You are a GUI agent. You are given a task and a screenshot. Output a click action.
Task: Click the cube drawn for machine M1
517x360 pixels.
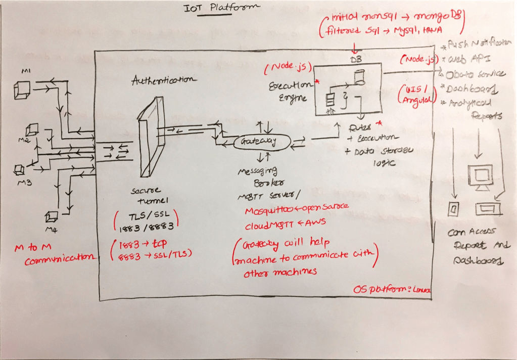coord(21,89)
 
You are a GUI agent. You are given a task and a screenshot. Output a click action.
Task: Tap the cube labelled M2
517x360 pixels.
coord(32,130)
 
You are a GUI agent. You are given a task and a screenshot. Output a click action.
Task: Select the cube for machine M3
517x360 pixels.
coord(20,168)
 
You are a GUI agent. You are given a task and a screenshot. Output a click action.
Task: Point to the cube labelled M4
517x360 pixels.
coord(51,217)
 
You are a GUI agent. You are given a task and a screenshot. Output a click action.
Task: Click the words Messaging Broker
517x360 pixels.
coord(260,177)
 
